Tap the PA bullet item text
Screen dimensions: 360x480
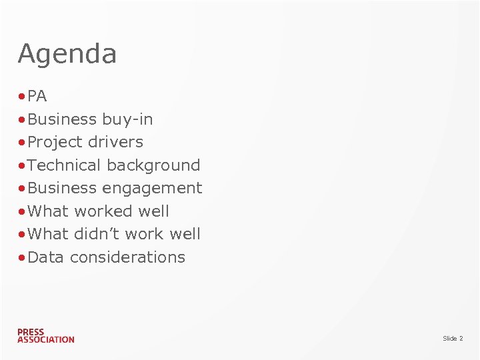pos(37,97)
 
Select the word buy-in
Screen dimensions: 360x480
pos(127,119)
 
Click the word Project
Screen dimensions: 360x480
pos(57,143)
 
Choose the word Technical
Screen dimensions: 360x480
pos(65,165)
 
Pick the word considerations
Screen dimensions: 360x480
pos(127,257)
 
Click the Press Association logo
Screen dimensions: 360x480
pos(45,335)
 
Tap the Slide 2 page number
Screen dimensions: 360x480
pos(453,339)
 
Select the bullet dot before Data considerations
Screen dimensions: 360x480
pos(22,258)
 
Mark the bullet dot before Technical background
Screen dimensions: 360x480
pos(22,166)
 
